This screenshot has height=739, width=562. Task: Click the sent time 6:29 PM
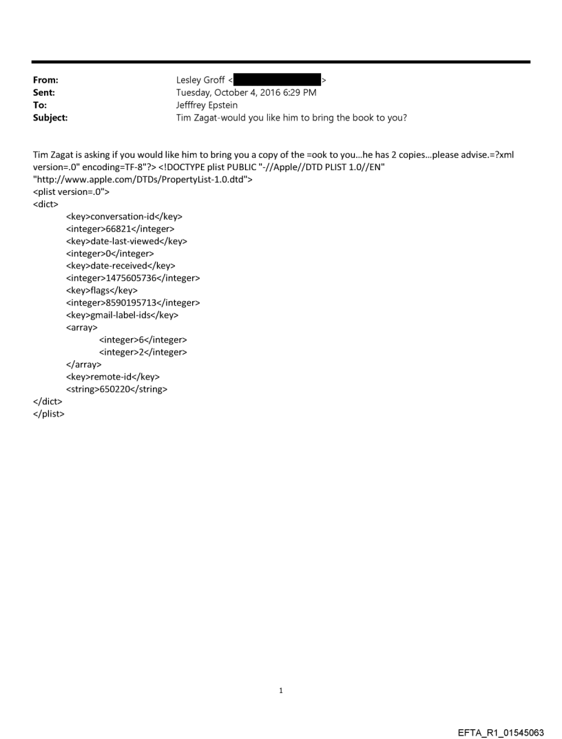(298, 92)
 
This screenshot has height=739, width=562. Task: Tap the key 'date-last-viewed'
(126, 241)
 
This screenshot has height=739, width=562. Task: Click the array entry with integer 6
(143, 340)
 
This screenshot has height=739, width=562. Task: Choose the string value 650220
(116, 390)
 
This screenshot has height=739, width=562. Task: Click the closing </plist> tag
(48, 415)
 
